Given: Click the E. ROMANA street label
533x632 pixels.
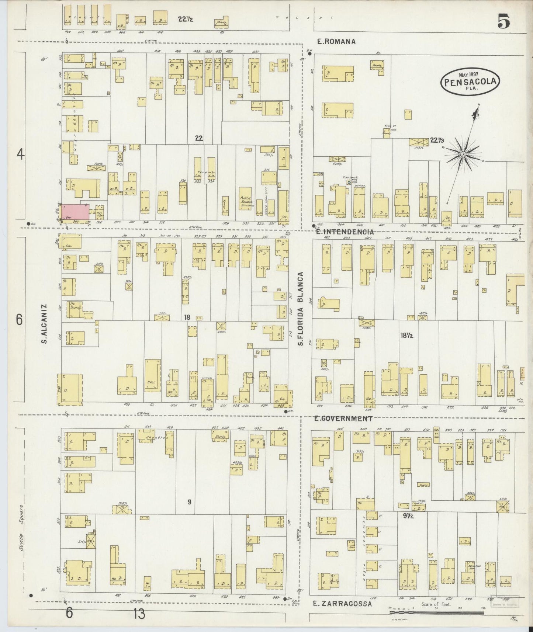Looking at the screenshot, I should pos(336,42).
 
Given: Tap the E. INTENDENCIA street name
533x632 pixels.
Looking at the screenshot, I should pos(345,232).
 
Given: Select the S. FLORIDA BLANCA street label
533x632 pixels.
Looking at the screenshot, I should pos(301,309).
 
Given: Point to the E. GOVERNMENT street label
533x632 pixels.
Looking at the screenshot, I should pos(343,419).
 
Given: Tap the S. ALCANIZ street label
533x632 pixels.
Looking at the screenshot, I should pos(44,324).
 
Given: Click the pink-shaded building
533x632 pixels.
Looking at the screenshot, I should pos(75,212).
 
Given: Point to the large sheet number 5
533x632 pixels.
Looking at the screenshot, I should pos(503,22).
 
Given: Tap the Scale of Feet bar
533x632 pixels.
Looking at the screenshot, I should pos(437,612).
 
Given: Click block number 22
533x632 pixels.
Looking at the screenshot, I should pos(199,139).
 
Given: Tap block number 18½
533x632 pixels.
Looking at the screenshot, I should pos(406,336).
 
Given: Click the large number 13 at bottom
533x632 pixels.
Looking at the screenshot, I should pos(139,614).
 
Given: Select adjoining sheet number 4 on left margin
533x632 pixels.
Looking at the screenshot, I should pos(21,155).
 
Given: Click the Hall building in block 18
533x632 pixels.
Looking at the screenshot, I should pos(152,376).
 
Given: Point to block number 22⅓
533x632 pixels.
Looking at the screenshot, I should pos(437,140).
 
